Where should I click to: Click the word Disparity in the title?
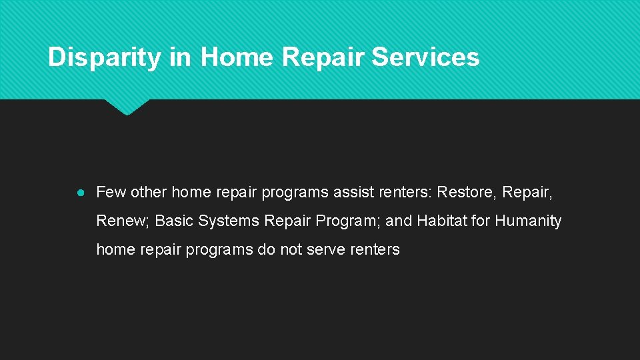pos(105,57)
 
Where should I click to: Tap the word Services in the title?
pos(425,57)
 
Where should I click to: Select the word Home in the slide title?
pos(237,57)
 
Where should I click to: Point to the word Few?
pos(111,193)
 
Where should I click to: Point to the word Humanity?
pos(528,221)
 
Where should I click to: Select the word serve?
pos(327,250)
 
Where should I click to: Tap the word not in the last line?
pos(294,250)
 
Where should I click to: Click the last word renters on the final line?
pos(375,250)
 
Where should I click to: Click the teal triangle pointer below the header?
pos(127,107)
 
